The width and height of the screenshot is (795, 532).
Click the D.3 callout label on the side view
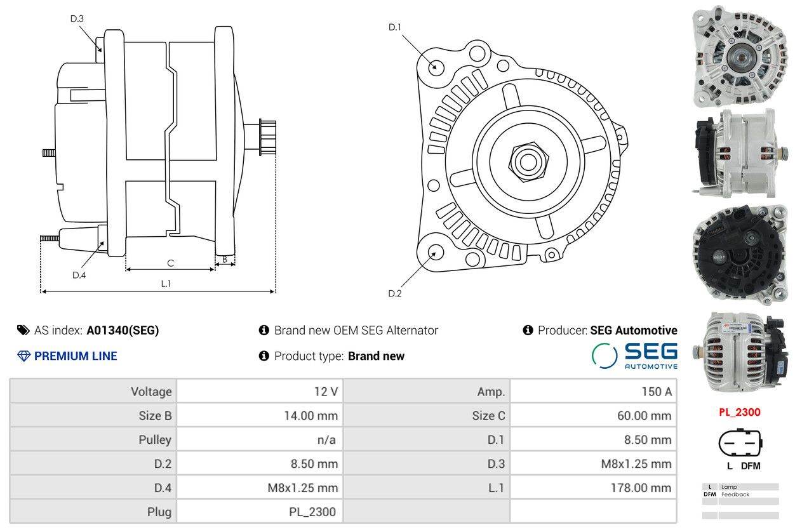tap(77, 18)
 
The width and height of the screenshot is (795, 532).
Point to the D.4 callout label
tap(79, 276)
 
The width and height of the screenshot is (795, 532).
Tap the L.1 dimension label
tap(166, 284)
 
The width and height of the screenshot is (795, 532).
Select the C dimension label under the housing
tap(171, 263)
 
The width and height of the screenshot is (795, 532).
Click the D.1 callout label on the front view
tap(395, 27)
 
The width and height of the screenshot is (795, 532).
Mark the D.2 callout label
tap(395, 293)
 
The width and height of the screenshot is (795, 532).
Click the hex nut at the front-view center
tap(528, 162)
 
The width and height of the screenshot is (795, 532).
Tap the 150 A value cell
tap(657, 392)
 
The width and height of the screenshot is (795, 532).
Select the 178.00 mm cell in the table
tap(641, 488)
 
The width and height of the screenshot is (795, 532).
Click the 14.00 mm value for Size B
tap(311, 416)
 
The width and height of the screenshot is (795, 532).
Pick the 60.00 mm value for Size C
tap(644, 416)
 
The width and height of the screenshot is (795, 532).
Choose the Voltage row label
tap(151, 392)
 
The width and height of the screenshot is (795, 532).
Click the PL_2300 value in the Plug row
tap(312, 512)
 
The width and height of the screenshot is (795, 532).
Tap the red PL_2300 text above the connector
tap(740, 413)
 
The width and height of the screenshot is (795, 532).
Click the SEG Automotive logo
tap(634, 356)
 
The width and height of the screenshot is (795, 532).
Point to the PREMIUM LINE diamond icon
tap(23, 356)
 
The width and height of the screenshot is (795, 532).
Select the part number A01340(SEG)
tap(123, 330)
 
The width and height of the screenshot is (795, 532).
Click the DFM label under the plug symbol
tap(751, 466)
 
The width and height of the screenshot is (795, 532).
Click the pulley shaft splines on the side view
tap(268, 137)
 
